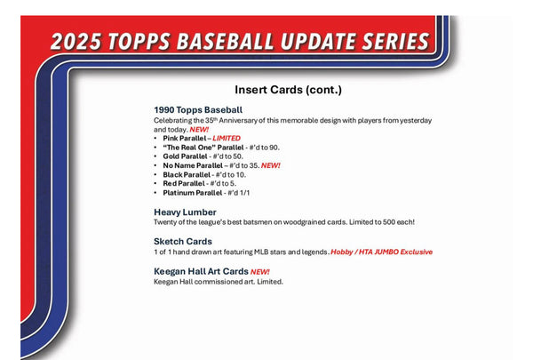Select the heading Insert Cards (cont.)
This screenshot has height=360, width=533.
[289, 90]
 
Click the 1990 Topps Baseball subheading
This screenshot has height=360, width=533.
[198, 109]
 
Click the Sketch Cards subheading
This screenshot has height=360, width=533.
[183, 241]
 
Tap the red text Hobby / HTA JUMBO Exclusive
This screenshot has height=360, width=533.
[381, 252]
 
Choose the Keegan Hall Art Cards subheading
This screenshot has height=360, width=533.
[200, 271]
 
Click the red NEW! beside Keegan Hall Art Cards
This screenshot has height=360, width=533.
[260, 271]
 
